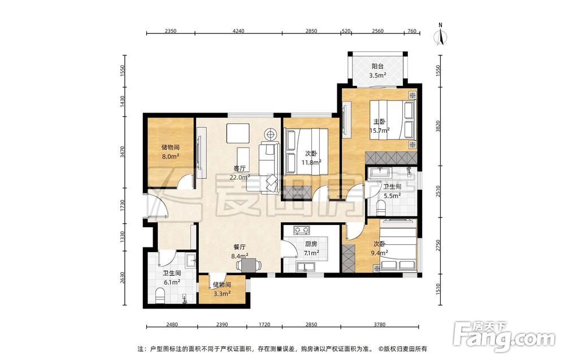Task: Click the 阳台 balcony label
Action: (x=377, y=66)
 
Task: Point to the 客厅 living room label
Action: (x=240, y=168)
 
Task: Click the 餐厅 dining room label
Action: (x=240, y=247)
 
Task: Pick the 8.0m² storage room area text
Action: (x=171, y=156)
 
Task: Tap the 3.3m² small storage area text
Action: (x=222, y=294)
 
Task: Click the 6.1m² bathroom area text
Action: (x=172, y=282)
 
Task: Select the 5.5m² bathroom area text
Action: (x=393, y=196)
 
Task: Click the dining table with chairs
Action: (x=248, y=265)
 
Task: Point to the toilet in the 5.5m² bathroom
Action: (x=380, y=207)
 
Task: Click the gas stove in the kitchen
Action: (x=302, y=229)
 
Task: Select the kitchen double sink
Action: (x=306, y=267)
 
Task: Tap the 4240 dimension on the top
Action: (x=238, y=31)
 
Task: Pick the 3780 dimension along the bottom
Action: (x=380, y=324)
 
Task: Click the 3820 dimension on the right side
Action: (x=438, y=126)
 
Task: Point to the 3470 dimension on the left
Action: (x=123, y=152)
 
